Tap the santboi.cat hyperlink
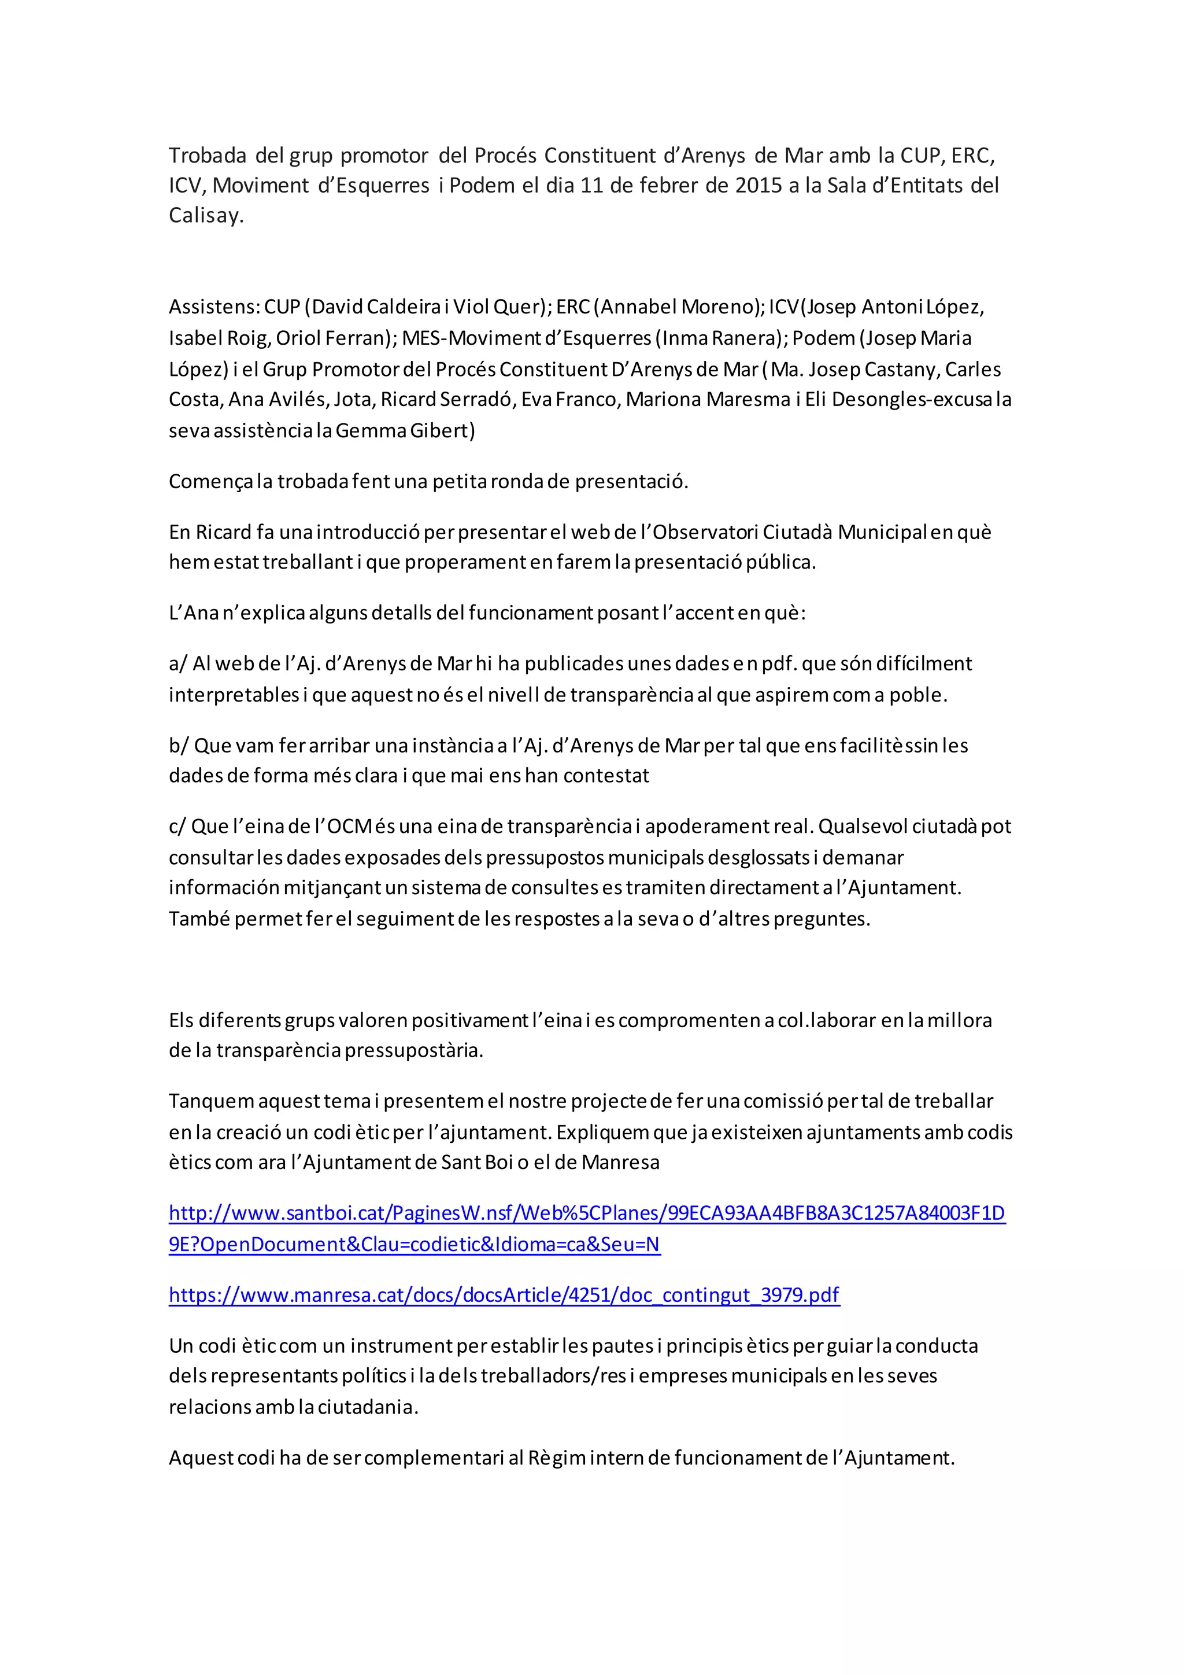click(x=587, y=1213)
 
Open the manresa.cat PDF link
click(x=504, y=1295)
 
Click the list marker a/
click(x=178, y=664)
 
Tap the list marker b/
click(x=179, y=746)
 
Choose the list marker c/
click(x=177, y=827)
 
